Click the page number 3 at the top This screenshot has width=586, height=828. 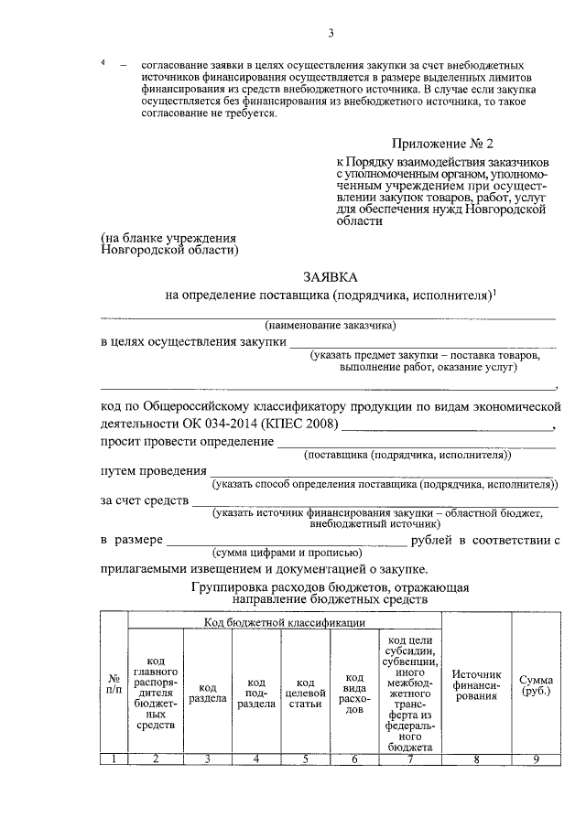[x=331, y=34]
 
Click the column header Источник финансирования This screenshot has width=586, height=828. [x=476, y=684]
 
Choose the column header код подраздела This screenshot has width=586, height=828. [x=256, y=692]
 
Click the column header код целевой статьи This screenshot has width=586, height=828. [x=306, y=692]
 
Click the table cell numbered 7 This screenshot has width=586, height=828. [x=409, y=758]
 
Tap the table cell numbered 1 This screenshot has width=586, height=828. [x=114, y=758]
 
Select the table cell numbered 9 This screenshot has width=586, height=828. [x=535, y=758]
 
